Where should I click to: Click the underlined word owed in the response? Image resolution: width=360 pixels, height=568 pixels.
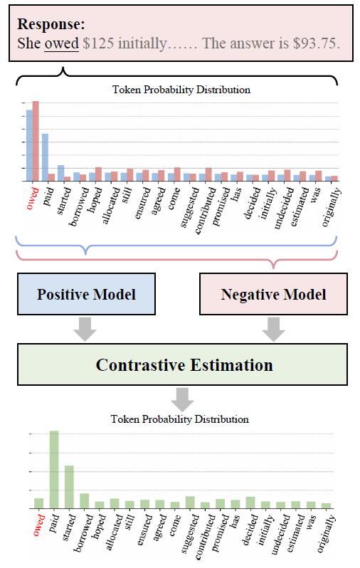62,44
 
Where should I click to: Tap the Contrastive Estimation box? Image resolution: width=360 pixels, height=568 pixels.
184,365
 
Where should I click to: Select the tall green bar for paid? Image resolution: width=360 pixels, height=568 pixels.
54,470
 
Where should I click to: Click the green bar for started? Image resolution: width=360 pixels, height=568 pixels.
70,487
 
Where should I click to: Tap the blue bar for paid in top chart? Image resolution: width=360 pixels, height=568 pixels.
45,157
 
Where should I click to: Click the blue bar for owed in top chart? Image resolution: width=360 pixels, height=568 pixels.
29,145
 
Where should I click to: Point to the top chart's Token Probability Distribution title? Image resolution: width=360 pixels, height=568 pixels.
181,90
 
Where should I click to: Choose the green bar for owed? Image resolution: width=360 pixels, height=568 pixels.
38,503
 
